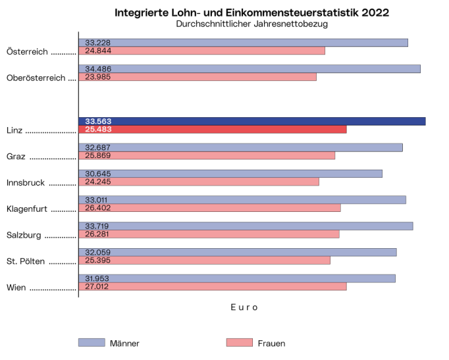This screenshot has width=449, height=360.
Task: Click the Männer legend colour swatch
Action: [x=92, y=342]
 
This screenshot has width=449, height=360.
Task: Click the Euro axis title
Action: [x=244, y=307]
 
